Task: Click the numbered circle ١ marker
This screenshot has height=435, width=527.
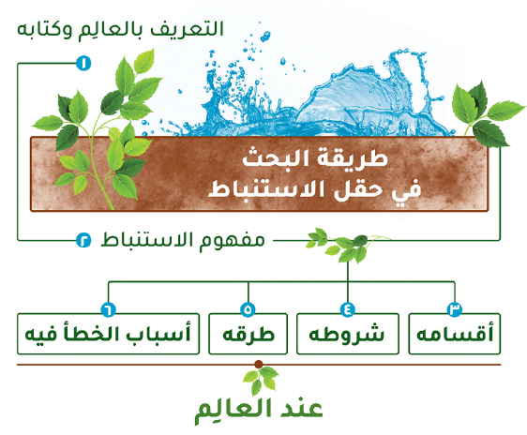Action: coord(83,63)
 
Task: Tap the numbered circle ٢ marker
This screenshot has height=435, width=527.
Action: coord(83,240)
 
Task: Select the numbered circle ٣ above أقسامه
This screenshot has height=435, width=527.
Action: coord(455,309)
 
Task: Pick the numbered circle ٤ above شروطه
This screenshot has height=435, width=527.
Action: coord(348,309)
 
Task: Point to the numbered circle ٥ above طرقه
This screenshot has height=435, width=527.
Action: coord(248,309)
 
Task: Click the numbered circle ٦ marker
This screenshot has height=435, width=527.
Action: coord(108,309)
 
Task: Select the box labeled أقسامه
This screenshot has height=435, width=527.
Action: coord(455,334)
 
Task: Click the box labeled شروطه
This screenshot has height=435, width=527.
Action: coord(348,334)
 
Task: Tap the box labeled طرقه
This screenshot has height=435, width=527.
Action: coord(248,334)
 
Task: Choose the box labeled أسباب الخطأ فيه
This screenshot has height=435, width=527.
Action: coord(108,334)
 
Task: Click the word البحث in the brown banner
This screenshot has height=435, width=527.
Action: coord(271,157)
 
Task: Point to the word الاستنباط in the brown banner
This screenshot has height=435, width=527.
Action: coord(266,189)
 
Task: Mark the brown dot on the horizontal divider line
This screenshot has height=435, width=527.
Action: coord(259,364)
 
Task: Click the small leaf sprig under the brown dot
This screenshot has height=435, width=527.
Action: coord(260,381)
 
